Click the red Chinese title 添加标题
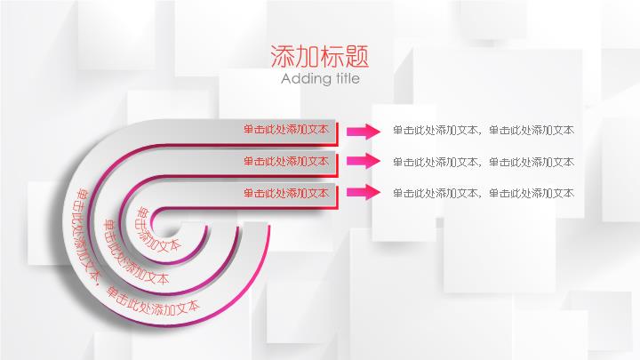point(320,56)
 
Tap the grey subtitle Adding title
point(320,78)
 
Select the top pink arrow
point(364,132)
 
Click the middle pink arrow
point(364,161)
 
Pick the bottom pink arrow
point(364,192)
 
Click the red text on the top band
point(286,130)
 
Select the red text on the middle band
point(286,161)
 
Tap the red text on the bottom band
point(286,193)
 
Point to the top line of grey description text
point(484,130)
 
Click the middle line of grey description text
point(484,162)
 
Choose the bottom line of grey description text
point(484,193)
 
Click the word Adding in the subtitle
point(304,79)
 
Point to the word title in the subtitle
point(347,78)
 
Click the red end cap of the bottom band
point(337,197)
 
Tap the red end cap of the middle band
point(337,165)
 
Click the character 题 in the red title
point(357,56)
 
